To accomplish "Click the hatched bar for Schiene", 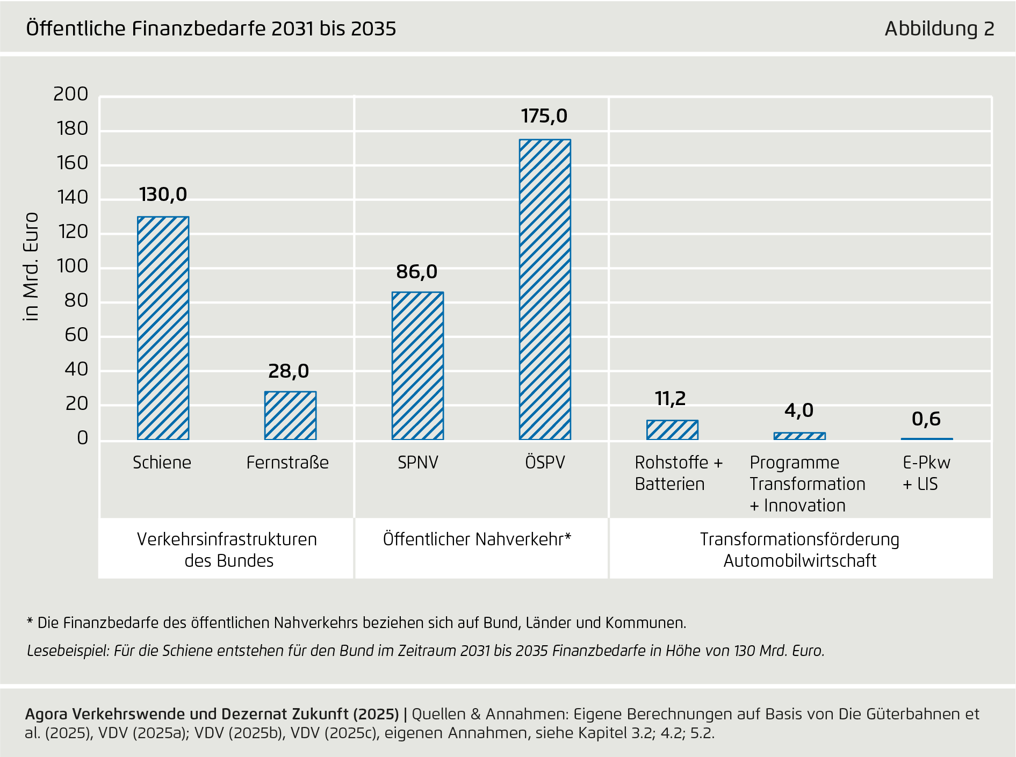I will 163,328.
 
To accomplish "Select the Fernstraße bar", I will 290,415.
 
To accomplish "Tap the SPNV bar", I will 417,365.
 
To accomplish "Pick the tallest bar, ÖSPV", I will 545,289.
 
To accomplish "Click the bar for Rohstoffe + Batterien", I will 672,430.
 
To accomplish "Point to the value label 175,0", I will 544,116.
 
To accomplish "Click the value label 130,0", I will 163,194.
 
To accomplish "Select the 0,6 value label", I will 926,419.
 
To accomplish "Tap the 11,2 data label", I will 670,399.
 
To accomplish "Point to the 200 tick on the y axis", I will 70,94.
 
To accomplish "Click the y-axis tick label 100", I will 72,266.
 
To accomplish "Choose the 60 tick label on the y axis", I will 76,335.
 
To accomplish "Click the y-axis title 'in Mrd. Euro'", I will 31,267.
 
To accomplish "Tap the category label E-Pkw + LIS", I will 926,473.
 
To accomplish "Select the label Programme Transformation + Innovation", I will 807,484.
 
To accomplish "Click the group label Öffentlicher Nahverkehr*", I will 477,539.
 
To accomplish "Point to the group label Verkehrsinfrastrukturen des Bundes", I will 227,550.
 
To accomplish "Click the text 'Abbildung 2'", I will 939,28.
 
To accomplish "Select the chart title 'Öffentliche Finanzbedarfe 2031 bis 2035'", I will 211,28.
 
